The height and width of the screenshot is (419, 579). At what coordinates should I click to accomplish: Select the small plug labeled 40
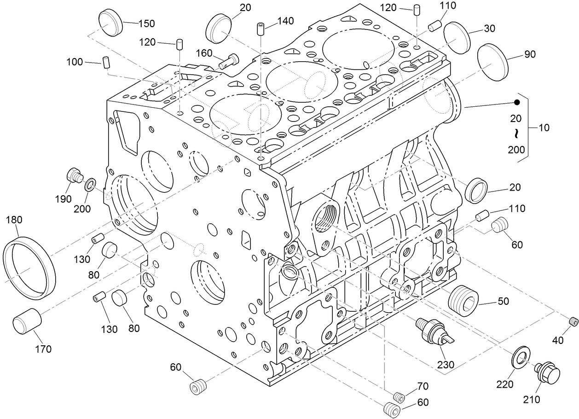(x=573, y=321)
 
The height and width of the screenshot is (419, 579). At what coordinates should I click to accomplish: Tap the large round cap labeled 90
(x=492, y=63)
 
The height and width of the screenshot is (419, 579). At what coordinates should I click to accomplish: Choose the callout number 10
(x=544, y=128)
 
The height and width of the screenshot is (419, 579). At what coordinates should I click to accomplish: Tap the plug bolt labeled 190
(x=74, y=176)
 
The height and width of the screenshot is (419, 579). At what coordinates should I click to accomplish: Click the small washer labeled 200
(x=90, y=185)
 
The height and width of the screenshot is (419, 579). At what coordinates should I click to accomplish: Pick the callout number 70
(x=423, y=386)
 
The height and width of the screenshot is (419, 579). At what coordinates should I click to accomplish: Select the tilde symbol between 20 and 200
(x=516, y=134)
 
